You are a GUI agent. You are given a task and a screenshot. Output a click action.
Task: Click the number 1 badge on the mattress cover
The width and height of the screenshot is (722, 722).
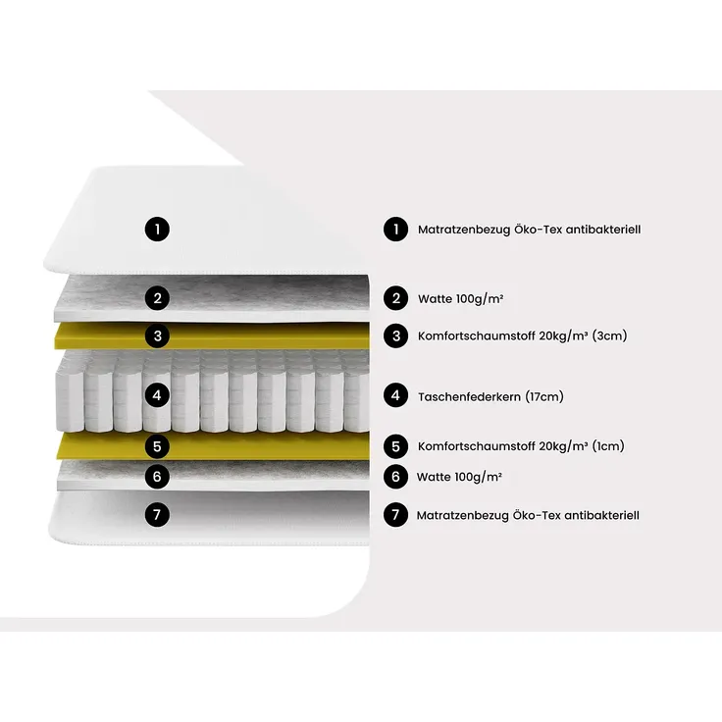click(x=158, y=230)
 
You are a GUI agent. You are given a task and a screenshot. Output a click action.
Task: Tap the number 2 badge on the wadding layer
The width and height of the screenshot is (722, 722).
click(x=158, y=298)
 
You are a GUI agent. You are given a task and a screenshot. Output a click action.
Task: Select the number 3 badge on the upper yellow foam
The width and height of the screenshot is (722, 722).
click(x=158, y=336)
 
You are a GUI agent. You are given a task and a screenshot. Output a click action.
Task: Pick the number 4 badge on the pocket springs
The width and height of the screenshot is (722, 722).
click(x=158, y=395)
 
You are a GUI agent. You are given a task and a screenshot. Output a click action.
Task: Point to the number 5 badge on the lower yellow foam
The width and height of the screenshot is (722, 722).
click(x=158, y=446)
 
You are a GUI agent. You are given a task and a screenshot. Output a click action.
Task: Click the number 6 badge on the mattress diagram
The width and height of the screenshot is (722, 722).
click(x=158, y=477)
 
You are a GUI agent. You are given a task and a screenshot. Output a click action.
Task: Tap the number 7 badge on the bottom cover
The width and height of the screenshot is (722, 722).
click(x=158, y=514)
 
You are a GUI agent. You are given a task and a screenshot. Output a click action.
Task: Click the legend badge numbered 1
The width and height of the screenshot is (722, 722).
click(x=396, y=230)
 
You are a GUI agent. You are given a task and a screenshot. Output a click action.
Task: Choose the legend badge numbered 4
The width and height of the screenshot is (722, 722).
click(x=396, y=395)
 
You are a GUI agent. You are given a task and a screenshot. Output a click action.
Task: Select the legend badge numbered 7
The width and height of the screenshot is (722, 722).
click(x=396, y=514)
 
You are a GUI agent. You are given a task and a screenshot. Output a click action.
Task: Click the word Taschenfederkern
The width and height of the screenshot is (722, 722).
click(x=469, y=396)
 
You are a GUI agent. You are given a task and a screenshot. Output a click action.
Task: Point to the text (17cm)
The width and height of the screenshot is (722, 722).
click(x=544, y=396)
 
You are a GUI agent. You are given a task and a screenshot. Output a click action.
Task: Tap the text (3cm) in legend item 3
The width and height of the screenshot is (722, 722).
click(x=609, y=335)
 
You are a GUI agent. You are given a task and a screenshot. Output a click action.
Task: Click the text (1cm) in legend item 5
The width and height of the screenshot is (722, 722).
click(x=608, y=445)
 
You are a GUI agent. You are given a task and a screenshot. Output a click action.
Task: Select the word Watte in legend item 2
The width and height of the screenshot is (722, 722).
click(x=436, y=299)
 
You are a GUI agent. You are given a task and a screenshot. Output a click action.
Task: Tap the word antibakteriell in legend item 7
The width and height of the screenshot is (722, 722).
click(x=601, y=515)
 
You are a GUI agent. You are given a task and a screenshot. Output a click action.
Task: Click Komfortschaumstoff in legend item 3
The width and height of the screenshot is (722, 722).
click(x=477, y=335)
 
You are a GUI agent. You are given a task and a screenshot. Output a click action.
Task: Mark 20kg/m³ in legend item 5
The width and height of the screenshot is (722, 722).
click(x=564, y=446)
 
